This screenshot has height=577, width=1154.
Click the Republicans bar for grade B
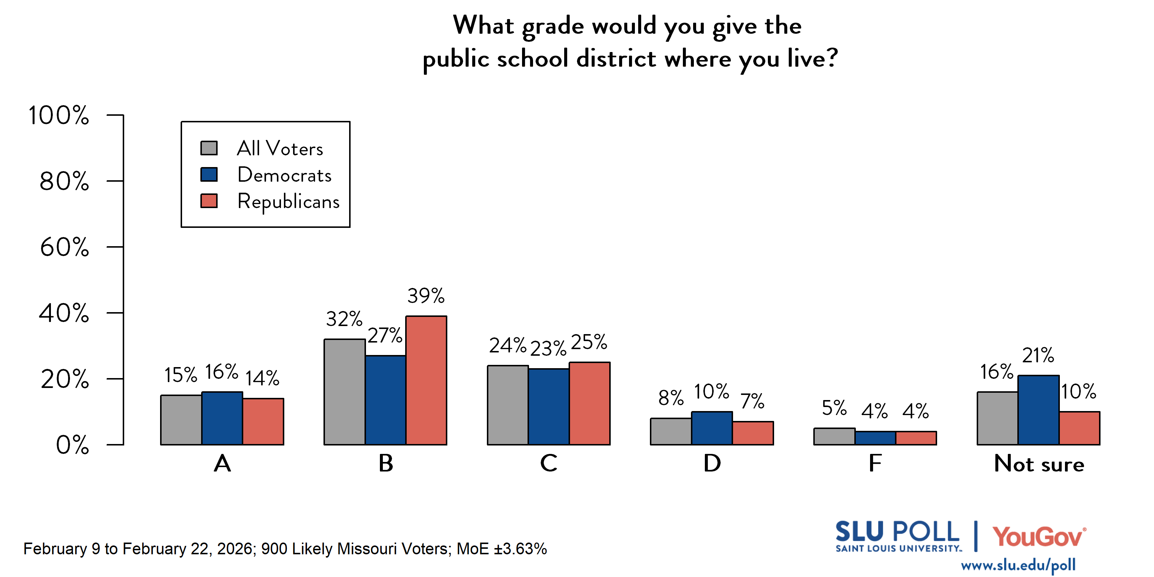coord(426,380)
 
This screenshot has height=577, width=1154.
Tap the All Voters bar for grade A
coord(181,420)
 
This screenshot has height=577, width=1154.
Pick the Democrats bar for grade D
coord(712,428)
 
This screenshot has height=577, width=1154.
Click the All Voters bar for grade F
coord(834,436)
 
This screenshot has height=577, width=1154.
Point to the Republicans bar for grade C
coord(589,403)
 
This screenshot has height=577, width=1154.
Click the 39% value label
coord(426,296)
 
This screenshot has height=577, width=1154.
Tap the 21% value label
coord(1038,355)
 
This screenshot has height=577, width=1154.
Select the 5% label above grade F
coord(834,408)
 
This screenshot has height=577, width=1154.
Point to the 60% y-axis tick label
coord(64,247)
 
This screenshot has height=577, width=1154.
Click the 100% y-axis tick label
coord(59,115)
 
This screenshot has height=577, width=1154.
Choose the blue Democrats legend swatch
coord(209,174)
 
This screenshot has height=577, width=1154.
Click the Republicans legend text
coord(289,201)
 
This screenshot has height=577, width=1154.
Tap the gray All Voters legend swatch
coord(209,148)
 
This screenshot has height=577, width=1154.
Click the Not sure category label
coord(1039,464)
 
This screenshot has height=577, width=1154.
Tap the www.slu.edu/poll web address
coord(1018,565)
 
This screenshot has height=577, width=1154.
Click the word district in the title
coord(616,59)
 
